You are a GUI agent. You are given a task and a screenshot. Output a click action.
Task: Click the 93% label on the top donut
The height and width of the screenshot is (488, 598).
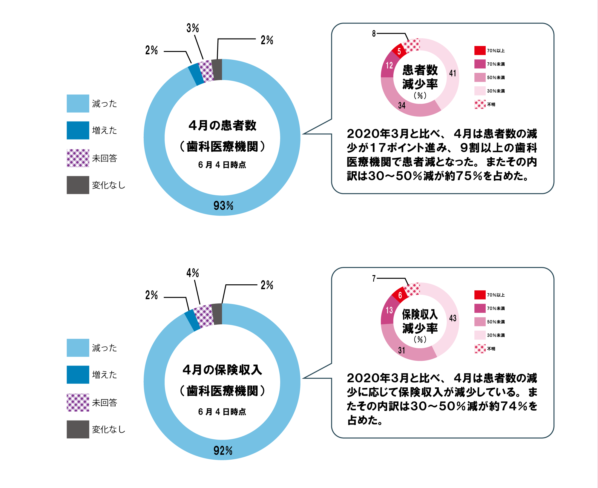pos(223,205)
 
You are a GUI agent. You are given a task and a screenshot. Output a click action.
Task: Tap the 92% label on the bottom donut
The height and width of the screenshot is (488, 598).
pos(223,450)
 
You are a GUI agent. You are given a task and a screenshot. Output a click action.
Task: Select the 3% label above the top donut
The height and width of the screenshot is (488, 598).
pos(192,28)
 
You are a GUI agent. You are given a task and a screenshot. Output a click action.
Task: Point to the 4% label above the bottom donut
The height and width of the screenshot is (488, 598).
pos(192,273)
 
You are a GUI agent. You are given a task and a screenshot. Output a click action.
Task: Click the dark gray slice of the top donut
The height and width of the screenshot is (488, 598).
pos(217,70)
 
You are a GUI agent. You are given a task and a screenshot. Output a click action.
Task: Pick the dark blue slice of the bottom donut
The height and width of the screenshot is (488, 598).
pos(192,320)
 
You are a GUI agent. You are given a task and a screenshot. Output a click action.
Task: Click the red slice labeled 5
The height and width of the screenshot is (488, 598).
pos(399,51)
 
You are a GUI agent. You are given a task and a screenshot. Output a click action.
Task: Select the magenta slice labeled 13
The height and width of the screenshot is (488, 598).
pos(389,311)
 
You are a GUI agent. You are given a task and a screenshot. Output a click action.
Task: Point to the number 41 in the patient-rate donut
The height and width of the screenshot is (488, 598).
pos(453,73)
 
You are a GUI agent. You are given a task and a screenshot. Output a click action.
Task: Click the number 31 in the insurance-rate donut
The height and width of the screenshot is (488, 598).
pos(402,350)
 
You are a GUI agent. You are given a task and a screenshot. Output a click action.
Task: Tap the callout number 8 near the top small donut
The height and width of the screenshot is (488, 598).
pos(374,33)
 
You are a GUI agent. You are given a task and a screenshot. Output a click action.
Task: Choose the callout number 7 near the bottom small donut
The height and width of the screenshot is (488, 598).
pos(374,278)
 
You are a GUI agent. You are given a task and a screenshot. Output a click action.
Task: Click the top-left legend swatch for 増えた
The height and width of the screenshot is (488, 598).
pos(78,130)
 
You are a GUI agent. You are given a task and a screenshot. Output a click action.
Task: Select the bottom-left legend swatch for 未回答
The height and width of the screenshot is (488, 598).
pos(78,402)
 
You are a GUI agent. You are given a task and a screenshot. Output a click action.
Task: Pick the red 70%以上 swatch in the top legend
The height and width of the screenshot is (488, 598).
pos(480,50)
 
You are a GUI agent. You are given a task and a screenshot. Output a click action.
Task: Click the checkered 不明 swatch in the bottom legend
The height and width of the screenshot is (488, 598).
pos(480,349)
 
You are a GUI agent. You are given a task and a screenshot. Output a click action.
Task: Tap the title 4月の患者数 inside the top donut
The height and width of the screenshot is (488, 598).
pos(223,125)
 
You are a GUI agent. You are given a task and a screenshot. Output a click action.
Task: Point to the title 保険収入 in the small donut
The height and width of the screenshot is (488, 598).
pos(420,314)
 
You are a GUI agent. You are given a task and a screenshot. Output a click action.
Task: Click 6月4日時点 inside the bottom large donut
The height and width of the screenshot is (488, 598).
pos(222,412)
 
